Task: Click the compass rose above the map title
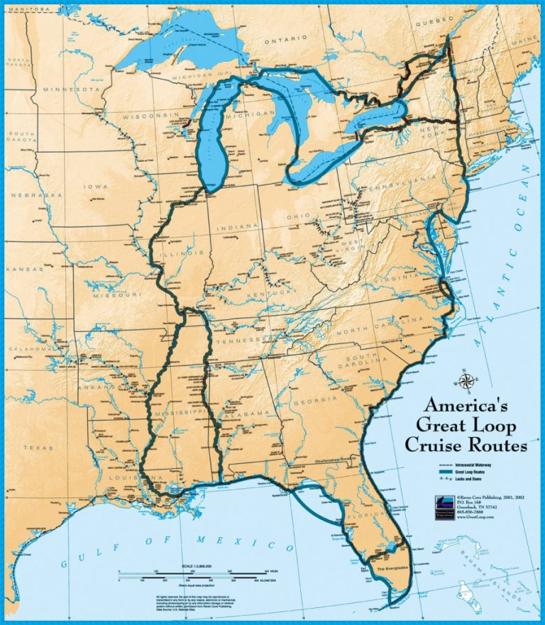[x=466, y=382]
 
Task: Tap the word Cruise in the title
[x=432, y=446]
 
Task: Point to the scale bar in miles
[x=192, y=571]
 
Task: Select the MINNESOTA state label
[x=71, y=90]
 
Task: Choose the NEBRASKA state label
[x=32, y=194]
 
